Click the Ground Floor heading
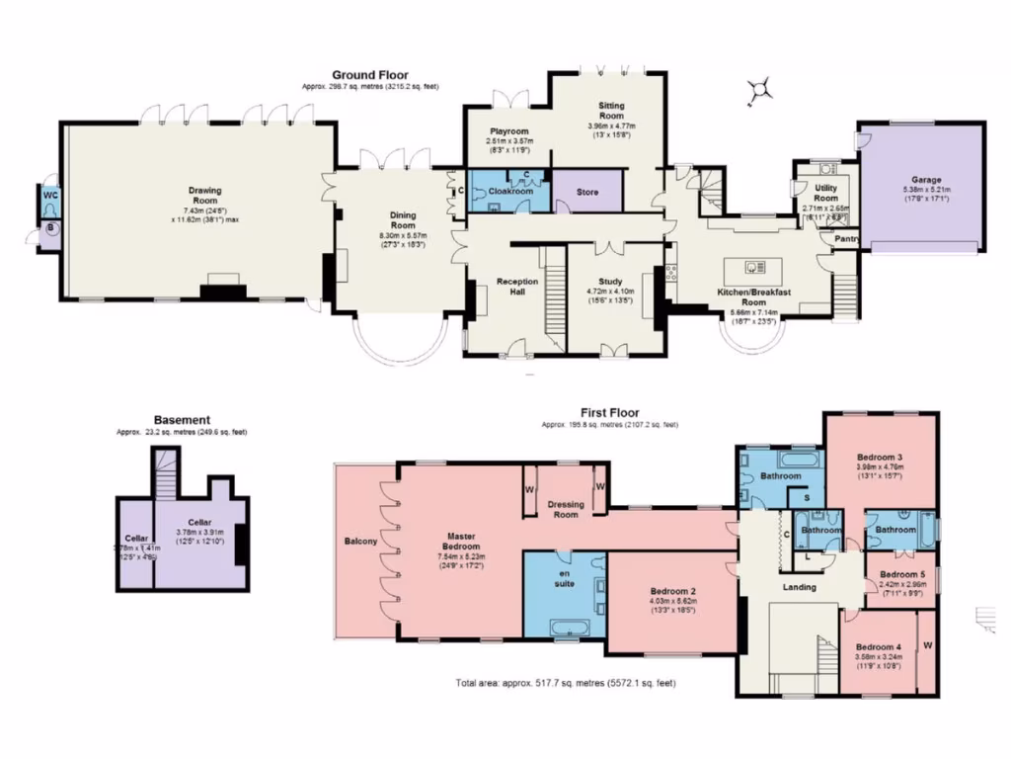point(370,75)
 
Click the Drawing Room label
point(204,195)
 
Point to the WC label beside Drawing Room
point(50,196)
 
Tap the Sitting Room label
point(611,110)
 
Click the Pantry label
point(846,238)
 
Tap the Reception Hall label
point(517,287)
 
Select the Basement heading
point(182,420)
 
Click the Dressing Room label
point(565,509)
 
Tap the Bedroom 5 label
point(902,574)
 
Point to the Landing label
point(799,587)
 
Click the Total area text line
point(566,683)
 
